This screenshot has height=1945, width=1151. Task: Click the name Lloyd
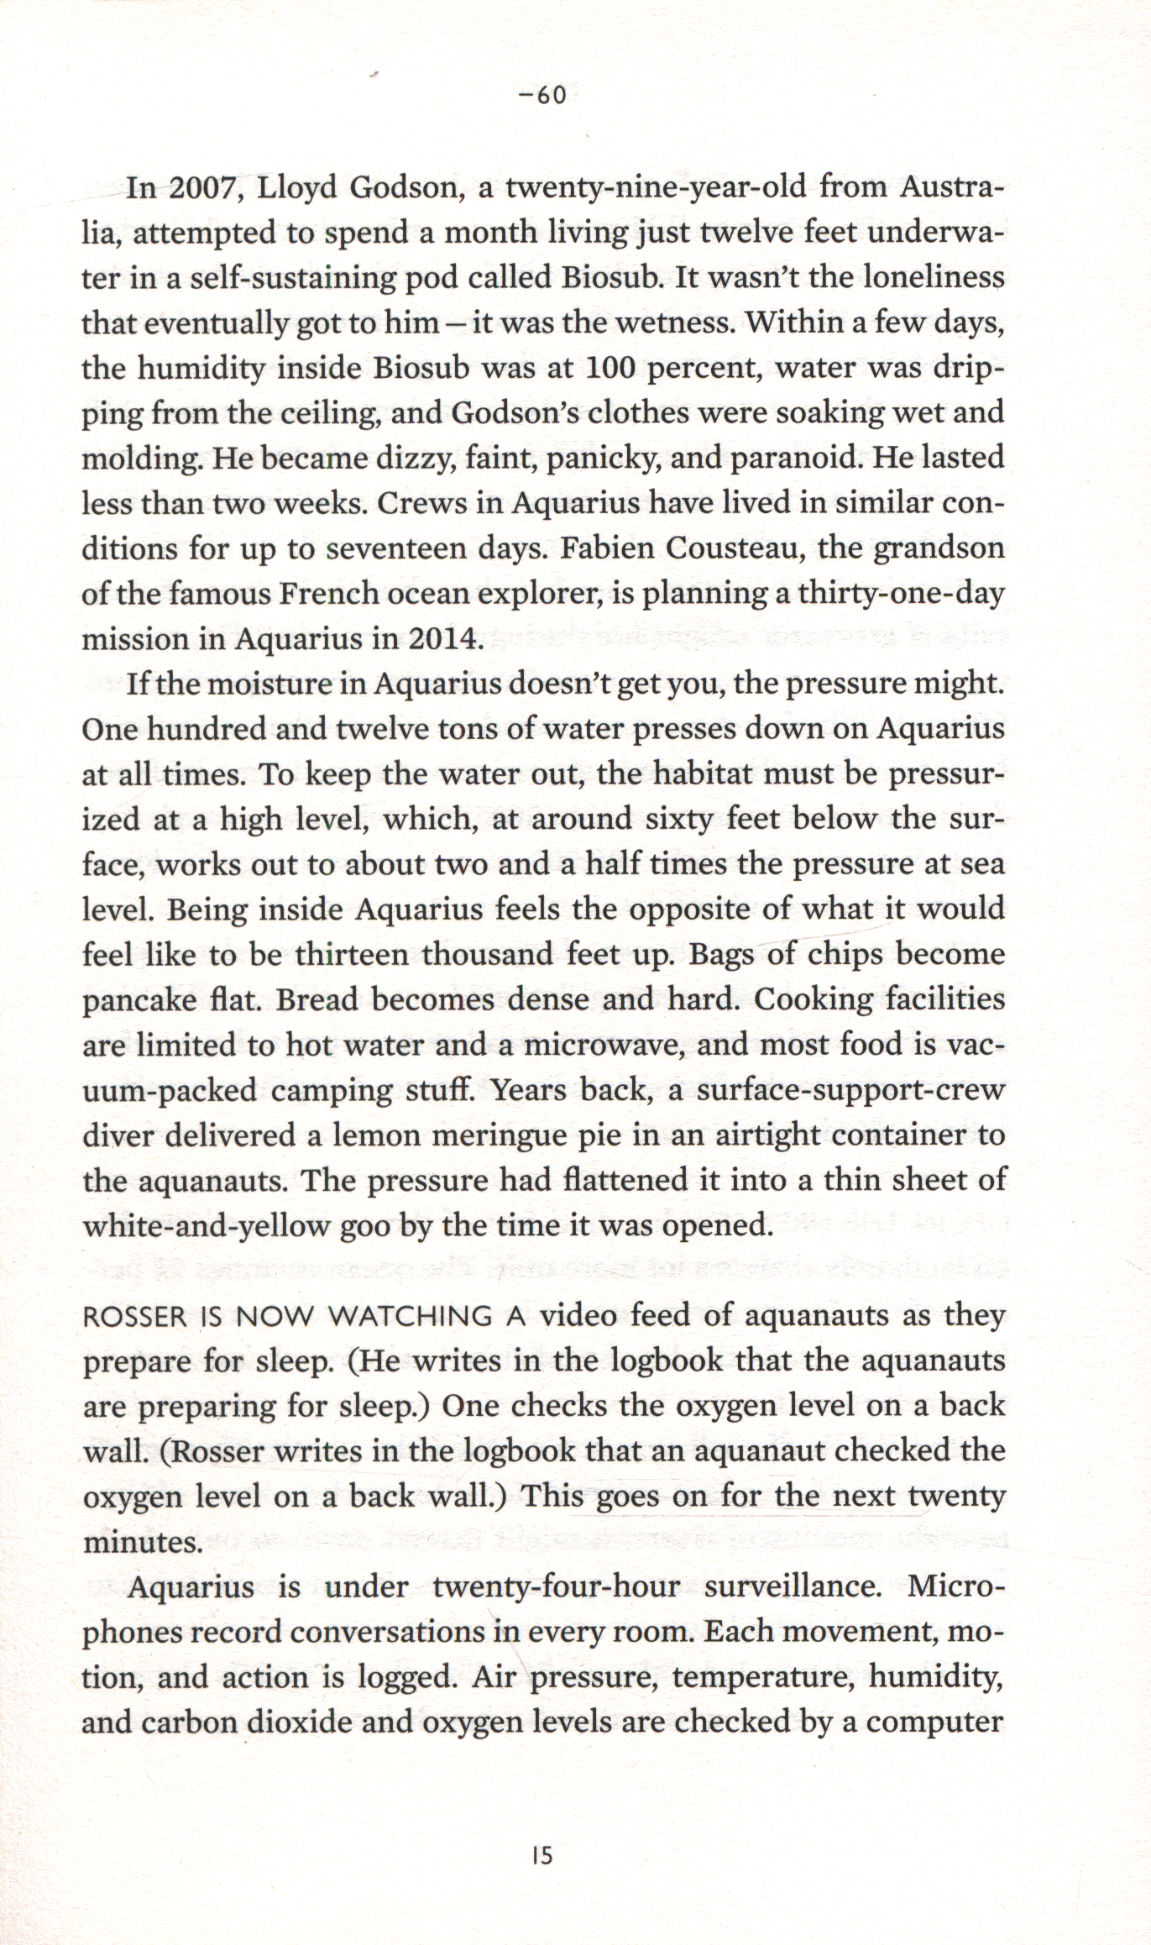297,188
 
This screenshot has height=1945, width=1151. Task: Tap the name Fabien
607,549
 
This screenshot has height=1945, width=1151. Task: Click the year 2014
441,640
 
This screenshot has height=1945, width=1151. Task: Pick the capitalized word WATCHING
408,1317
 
